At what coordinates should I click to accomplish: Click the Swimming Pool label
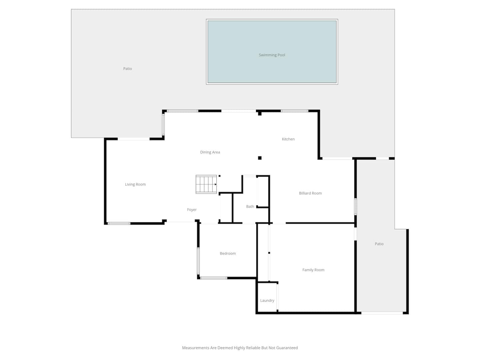click(x=272, y=55)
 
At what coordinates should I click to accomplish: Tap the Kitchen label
click(x=288, y=139)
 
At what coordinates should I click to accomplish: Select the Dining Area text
click(x=210, y=152)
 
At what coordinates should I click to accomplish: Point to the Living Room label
click(x=135, y=184)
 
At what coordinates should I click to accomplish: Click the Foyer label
click(x=192, y=210)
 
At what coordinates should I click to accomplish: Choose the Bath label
click(x=250, y=207)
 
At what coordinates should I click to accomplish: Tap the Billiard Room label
click(x=310, y=193)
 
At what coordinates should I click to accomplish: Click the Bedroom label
click(x=228, y=254)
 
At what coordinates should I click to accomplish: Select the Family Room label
click(x=313, y=270)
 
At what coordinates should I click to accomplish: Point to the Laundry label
click(x=267, y=301)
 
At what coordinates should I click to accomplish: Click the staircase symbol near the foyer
click(x=206, y=184)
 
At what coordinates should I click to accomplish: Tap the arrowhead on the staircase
click(x=215, y=184)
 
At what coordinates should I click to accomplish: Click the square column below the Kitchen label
click(x=260, y=158)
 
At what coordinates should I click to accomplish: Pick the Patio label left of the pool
click(x=127, y=69)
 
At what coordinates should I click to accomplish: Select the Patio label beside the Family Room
click(x=379, y=244)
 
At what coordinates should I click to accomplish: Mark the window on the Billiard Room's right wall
click(x=355, y=207)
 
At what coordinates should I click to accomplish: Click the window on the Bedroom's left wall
click(x=198, y=261)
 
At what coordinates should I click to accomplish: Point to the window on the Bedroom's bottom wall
click(x=214, y=278)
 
